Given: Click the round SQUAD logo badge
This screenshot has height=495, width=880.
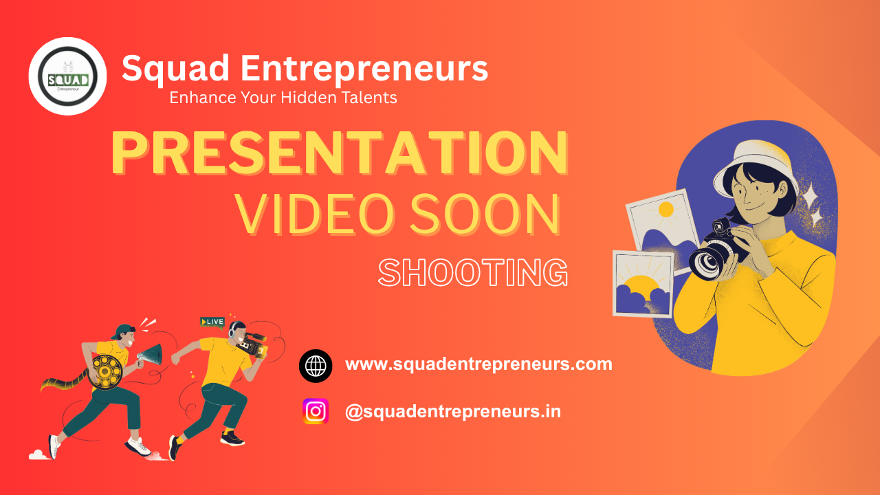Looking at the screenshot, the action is (x=67, y=76).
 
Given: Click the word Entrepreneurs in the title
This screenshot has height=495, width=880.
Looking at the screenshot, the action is (x=364, y=69).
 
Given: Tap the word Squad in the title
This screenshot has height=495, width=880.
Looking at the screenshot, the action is (x=175, y=69).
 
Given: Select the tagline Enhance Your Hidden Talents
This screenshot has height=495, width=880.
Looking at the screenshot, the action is (x=283, y=98).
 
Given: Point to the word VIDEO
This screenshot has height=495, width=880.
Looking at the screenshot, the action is (x=315, y=214).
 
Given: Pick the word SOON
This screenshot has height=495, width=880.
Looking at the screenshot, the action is (x=485, y=214).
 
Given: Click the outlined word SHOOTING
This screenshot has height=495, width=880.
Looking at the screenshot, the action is (x=473, y=272).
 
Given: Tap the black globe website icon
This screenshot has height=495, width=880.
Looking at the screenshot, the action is (x=316, y=366).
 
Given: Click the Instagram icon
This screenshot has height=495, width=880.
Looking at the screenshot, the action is (x=316, y=411).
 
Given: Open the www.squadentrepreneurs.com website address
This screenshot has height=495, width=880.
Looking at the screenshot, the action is (x=478, y=364).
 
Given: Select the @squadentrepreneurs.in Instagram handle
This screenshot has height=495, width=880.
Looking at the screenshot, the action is (x=453, y=411).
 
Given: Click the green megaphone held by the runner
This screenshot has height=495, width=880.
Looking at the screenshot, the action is (x=151, y=355).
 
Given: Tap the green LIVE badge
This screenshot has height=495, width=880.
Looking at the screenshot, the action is (x=212, y=322).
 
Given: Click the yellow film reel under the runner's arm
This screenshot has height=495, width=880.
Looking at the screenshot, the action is (x=105, y=372).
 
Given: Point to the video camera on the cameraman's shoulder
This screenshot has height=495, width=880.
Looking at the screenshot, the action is (x=252, y=343).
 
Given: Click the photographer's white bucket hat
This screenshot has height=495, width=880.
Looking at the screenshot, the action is (x=756, y=166).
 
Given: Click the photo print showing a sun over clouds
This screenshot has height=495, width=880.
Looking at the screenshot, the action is (x=643, y=284).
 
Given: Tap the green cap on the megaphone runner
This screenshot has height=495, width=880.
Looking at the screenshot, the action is (x=122, y=331).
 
